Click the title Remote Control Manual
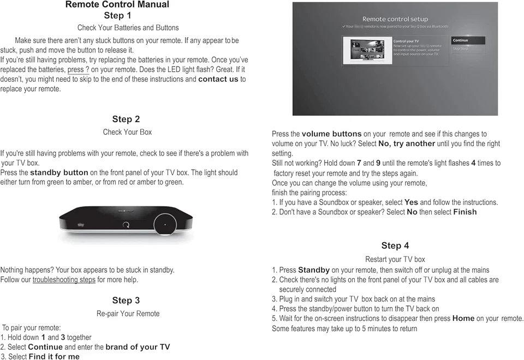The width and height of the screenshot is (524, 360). [x=117, y=5]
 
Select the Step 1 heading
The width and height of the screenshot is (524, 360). [x=117, y=16]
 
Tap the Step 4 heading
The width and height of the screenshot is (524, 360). [x=395, y=245]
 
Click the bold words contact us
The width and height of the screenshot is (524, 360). [x=218, y=79]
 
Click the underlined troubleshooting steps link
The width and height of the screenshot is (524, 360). [x=64, y=280]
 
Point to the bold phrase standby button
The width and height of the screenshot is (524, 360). [x=59, y=173]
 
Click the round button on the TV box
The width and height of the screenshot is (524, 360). [x=165, y=224]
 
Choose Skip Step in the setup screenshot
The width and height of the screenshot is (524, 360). [x=460, y=49]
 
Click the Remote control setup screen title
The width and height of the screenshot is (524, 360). [x=395, y=19]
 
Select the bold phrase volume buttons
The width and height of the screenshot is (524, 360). [x=331, y=134]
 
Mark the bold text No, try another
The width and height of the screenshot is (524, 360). [x=407, y=144]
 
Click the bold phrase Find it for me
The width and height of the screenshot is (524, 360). [x=54, y=357]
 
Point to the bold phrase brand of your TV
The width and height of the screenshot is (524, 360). [x=138, y=347]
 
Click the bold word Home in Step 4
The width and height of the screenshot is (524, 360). [x=463, y=319]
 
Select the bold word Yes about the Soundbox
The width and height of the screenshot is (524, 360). [x=411, y=202]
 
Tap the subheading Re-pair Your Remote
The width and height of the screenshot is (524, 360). [x=128, y=314]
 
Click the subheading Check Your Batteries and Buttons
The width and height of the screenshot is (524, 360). [x=128, y=28]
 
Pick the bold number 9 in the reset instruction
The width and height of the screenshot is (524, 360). [x=378, y=163]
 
